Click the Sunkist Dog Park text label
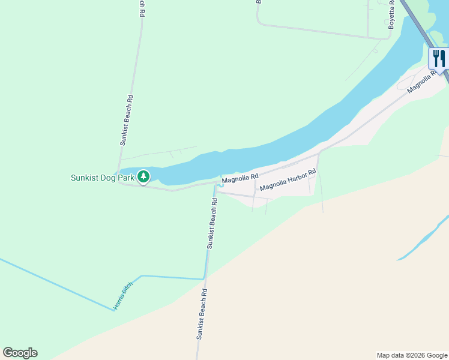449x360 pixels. pos(101,178)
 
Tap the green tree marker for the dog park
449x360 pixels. pos(143,177)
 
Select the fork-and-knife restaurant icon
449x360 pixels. pos(439,59)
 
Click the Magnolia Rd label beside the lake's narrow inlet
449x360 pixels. pos(240,178)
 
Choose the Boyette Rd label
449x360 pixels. pos(391,15)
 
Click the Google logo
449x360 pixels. pos(20,353)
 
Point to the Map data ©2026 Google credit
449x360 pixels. pos(412,355)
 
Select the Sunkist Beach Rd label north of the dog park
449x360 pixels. pos(126,120)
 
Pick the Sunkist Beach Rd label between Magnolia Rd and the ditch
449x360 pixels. pos(211,223)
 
